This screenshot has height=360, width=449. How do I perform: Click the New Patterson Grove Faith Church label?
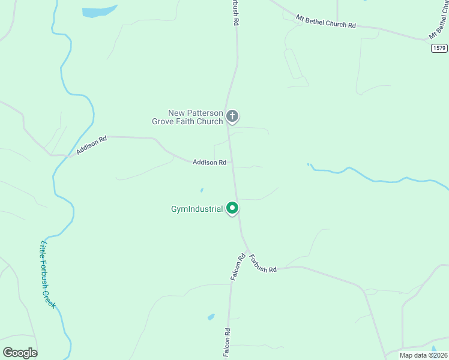point(195,117)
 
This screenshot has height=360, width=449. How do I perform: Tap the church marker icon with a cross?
point(232,116)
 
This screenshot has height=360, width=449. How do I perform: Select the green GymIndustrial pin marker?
point(232,208)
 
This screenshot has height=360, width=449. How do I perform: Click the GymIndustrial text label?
point(197,209)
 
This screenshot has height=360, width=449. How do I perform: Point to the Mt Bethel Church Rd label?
point(326,23)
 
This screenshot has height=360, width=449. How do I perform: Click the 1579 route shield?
point(439,48)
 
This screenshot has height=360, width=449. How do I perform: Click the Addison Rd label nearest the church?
point(209,163)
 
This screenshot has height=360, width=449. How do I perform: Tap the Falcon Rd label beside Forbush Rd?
point(238,268)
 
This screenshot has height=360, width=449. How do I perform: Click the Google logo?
point(20,353)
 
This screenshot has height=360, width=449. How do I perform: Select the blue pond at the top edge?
point(99,11)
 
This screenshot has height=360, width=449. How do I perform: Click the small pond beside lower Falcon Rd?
point(211,317)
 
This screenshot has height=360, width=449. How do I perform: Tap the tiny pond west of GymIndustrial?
point(202,190)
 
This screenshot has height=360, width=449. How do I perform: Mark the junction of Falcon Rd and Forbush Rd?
point(246,251)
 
